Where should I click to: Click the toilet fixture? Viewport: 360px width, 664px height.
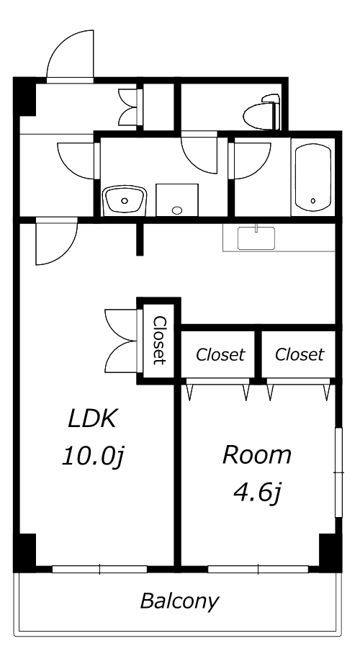coord(263,112)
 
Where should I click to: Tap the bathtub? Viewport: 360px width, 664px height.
coord(313,177)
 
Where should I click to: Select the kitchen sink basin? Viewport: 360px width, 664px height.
coord(256,238)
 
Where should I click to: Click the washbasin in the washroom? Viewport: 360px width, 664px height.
coord(125,201)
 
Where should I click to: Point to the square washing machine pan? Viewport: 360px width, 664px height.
coord(177,200)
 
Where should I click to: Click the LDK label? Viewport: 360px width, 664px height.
coord(91,419)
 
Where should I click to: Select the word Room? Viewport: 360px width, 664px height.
coord(257,455)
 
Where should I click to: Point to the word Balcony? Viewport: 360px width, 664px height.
coord(179,601)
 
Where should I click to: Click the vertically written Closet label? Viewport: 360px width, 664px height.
coord(159,341)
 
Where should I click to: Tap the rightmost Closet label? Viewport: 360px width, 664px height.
coord(300,354)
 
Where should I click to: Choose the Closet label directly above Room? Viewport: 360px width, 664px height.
coord(220,354)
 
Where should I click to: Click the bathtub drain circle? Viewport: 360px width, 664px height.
coord(313,201)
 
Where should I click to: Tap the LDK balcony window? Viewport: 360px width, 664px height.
coord(99,569)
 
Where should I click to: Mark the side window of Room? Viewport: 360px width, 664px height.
coord(338,472)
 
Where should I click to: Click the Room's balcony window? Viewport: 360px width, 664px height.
coord(258,569)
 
